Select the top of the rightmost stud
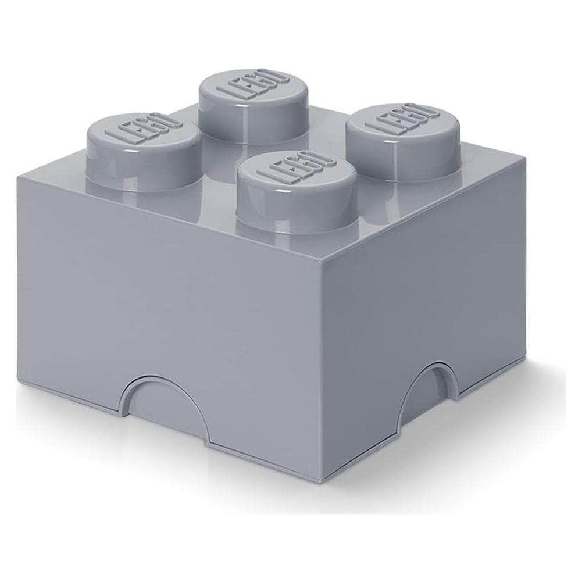tap(402, 122)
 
